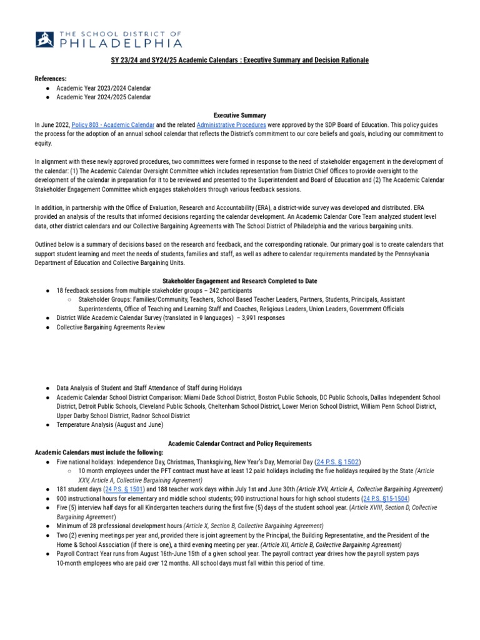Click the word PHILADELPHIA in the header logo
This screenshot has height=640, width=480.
(x=121, y=43)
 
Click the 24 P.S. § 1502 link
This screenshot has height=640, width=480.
(x=338, y=461)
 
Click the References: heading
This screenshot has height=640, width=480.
(x=50, y=79)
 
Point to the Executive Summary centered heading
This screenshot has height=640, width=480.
(x=240, y=116)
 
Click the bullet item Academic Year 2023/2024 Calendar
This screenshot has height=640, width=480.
(x=104, y=88)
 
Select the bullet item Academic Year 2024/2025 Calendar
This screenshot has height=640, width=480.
(x=104, y=97)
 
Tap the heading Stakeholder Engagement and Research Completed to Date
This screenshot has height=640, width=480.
(x=240, y=281)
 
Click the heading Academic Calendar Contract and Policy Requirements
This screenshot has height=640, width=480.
(x=240, y=443)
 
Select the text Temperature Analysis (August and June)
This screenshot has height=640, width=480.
(x=109, y=425)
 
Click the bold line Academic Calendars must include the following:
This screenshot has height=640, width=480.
(x=99, y=452)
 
